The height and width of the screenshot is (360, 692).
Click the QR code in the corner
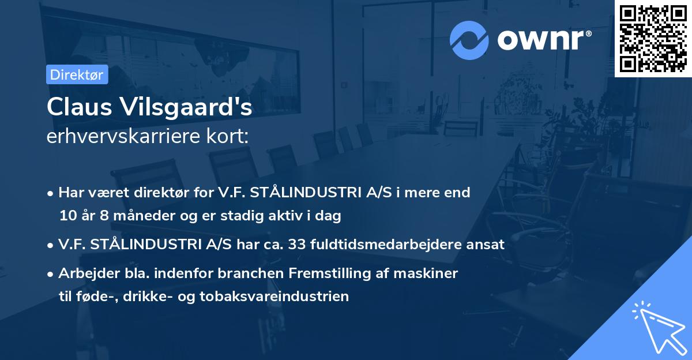[x=653, y=39]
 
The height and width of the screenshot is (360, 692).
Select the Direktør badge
[x=76, y=74]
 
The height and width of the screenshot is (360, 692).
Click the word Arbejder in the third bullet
[x=84, y=273]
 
